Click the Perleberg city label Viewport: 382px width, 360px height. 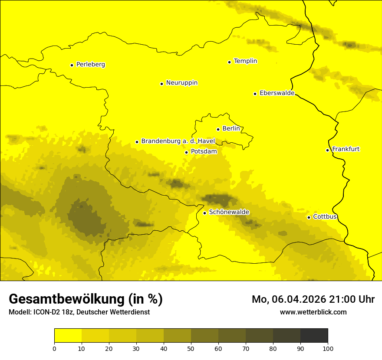pyautogui.click(x=90, y=65)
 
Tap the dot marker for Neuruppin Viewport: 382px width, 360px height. pyautogui.click(x=161, y=84)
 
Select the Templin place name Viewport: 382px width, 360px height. pyautogui.click(x=245, y=61)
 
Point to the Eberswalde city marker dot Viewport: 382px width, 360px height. pyautogui.click(x=255, y=94)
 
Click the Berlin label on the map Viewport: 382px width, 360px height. pyautogui.click(x=231, y=129)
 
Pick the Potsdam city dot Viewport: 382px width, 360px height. pyautogui.click(x=186, y=152)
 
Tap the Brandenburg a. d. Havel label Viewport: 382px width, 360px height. pyautogui.click(x=178, y=141)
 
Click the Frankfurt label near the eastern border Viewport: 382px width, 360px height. pyautogui.click(x=346, y=149)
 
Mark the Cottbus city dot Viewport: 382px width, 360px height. pyautogui.click(x=309, y=217)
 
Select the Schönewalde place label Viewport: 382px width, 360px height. pyautogui.click(x=229, y=212)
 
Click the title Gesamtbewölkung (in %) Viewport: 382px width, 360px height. pyautogui.click(x=86, y=299)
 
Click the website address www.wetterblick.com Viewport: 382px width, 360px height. pyautogui.click(x=313, y=312)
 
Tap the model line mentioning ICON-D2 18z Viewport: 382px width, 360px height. pyautogui.click(x=79, y=312)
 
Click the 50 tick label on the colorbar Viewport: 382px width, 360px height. pyautogui.click(x=191, y=348)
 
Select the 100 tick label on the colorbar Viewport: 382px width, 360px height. pyautogui.click(x=328, y=348)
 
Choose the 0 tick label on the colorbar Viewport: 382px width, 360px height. pyautogui.click(x=54, y=348)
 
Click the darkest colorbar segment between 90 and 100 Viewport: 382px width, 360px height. pyautogui.click(x=314, y=336)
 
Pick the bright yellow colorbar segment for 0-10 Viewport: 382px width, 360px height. pyautogui.click(x=68, y=336)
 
